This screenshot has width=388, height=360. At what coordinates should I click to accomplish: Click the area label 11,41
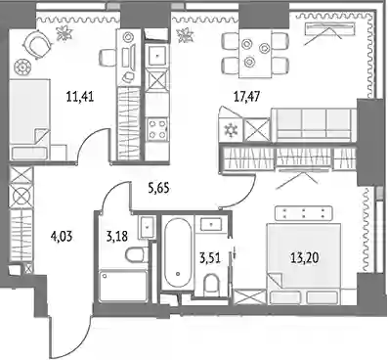[80, 97]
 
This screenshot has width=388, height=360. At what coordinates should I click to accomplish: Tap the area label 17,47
[247, 97]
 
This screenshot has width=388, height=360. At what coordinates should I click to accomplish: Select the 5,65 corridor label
[158, 188]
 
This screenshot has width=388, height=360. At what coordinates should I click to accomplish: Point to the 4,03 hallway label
[62, 236]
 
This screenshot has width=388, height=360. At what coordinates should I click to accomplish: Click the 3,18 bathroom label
[116, 236]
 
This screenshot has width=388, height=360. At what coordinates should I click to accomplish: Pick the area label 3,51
[210, 258]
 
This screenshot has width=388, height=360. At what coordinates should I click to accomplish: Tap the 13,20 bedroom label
[305, 258]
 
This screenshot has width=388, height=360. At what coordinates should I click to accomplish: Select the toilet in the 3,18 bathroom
[137, 254]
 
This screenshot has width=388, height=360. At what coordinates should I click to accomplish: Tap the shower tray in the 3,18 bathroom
[122, 286]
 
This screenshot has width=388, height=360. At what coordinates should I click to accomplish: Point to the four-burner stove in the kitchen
[157, 129]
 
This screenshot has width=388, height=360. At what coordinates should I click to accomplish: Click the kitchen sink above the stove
[157, 55]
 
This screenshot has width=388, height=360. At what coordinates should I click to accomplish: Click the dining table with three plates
[255, 54]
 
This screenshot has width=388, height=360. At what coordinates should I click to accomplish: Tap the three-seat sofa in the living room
[314, 125]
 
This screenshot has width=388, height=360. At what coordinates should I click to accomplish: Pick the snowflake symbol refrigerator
[232, 131]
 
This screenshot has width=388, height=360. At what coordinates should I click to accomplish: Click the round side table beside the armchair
[22, 67]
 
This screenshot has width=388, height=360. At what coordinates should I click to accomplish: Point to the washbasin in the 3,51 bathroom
[211, 224]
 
